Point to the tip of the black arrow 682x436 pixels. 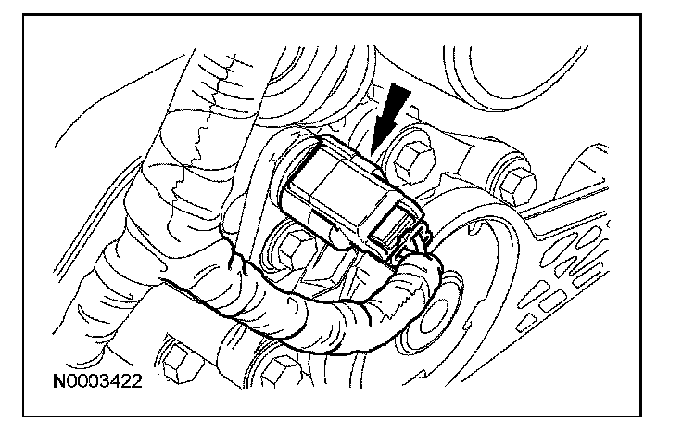point(372,155)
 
